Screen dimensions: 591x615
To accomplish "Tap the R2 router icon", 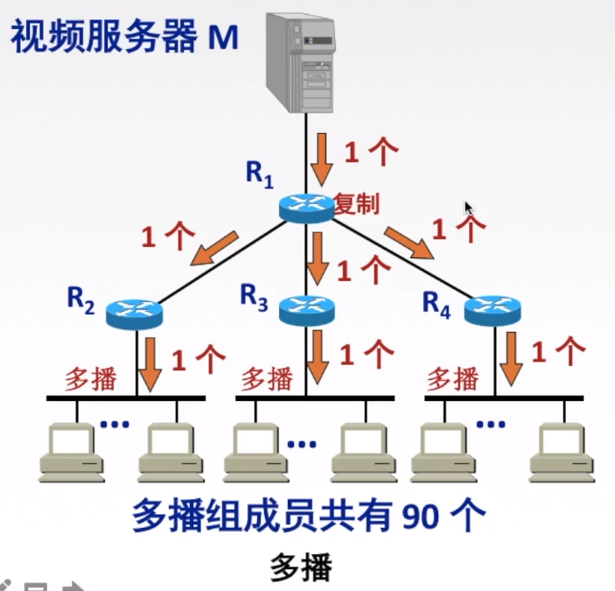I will point(134,312).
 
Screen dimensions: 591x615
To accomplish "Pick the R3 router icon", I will point(307,308).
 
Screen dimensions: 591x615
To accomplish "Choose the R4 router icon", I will point(492,309).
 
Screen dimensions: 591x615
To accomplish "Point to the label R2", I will point(80,300).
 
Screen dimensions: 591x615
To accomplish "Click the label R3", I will point(254,297).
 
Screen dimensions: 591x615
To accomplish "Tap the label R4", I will point(436,302).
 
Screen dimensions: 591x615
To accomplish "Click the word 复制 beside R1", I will point(356,204).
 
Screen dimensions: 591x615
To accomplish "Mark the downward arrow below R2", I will point(151,361).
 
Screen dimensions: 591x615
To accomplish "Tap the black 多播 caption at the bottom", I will point(302,568).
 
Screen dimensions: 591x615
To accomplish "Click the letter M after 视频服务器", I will point(222,37).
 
